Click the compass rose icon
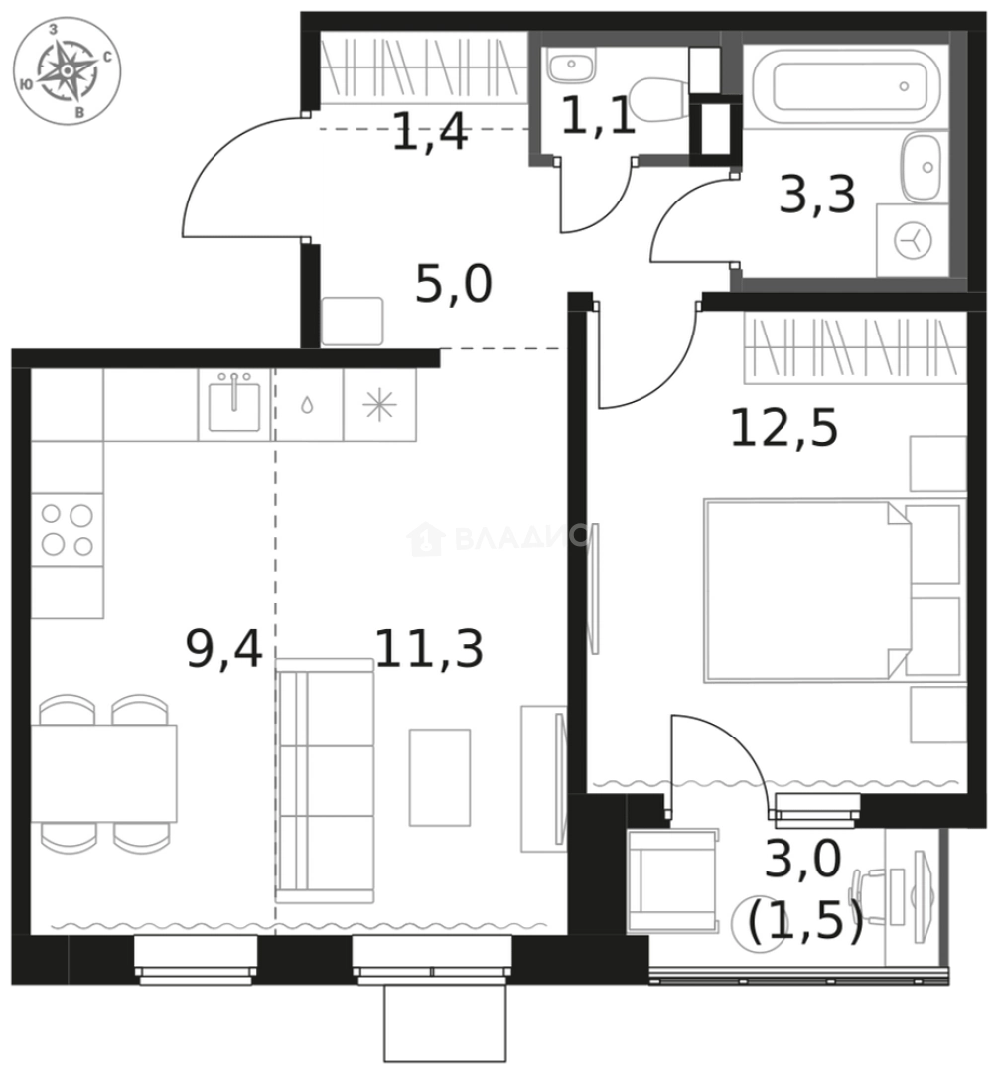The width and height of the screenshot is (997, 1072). click(x=66, y=72)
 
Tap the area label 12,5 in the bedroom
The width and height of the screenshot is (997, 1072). click(x=784, y=429)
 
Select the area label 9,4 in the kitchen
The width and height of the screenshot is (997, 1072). click(x=224, y=650)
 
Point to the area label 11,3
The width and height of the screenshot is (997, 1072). click(x=429, y=650)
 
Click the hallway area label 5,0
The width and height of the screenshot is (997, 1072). click(x=453, y=287)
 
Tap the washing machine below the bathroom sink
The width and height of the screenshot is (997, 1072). click(x=911, y=240)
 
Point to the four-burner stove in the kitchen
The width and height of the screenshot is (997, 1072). click(x=67, y=530)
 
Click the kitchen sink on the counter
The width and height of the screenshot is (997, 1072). click(x=234, y=405)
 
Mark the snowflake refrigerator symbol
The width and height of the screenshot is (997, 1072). click(x=379, y=405)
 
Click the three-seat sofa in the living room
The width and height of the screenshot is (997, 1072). click(x=325, y=781)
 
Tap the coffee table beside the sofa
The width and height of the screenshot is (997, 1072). click(x=439, y=776)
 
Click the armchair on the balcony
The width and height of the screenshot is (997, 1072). click(x=670, y=881)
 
